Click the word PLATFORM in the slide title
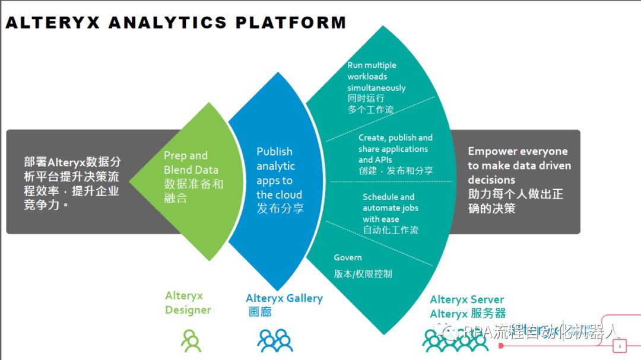tap(291, 23)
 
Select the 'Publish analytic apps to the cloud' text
tap(279, 173)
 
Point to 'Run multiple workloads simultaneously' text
tap(376, 77)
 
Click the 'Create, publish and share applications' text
tap(395, 143)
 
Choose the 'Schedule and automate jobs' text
tap(390, 202)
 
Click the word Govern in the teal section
tap(347, 258)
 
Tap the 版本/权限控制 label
tap(363, 274)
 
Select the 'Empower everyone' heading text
tap(518, 152)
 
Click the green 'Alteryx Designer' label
tap(188, 302)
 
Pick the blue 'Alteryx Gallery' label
tap(284, 298)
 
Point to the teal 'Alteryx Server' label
tap(467, 300)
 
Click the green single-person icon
tap(191, 341)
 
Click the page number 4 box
tap(620, 346)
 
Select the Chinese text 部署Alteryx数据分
tap(72, 162)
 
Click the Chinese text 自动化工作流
tap(391, 230)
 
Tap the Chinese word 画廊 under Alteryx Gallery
tap(259, 312)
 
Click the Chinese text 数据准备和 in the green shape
tap(193, 184)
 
